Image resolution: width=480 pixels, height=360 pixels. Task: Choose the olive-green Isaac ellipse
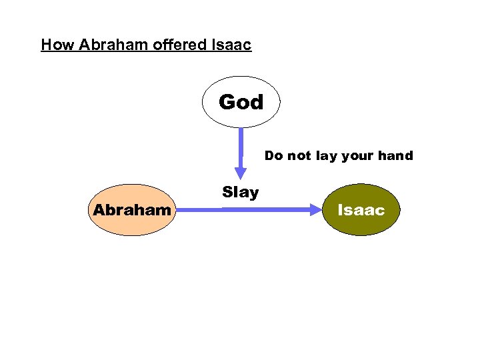pyautogui.click(x=361, y=210)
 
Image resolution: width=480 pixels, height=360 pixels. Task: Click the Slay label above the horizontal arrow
pyautogui.click(x=240, y=193)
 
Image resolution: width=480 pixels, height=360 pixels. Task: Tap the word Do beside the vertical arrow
pyautogui.click(x=274, y=156)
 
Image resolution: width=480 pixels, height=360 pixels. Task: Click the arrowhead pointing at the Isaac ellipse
pyautogui.click(x=315, y=209)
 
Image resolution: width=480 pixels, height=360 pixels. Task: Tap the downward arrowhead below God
pyautogui.click(x=241, y=172)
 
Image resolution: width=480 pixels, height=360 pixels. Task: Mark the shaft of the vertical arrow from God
pyautogui.click(x=241, y=147)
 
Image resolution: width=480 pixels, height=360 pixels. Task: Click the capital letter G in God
pyautogui.click(x=227, y=102)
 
